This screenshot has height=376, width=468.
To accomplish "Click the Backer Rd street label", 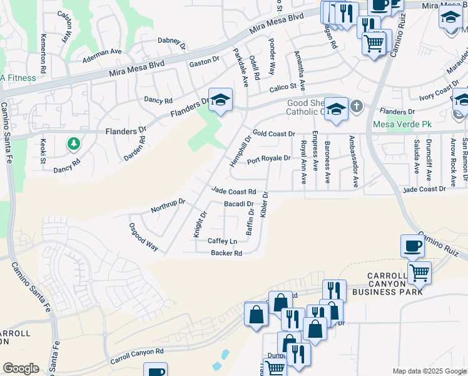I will (x=226, y=253).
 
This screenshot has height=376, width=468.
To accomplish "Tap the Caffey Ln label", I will (x=223, y=241).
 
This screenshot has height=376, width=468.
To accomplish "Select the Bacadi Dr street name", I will (x=238, y=204).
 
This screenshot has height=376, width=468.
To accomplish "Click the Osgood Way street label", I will (x=143, y=237).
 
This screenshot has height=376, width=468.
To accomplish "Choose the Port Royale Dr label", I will (x=268, y=159).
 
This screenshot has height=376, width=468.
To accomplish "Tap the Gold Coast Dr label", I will (x=273, y=134).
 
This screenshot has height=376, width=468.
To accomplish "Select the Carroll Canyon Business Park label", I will (x=388, y=284).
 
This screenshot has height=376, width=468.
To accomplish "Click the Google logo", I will (x=21, y=368).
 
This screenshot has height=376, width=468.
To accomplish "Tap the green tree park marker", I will (x=74, y=145).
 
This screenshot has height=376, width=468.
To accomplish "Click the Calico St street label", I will (x=282, y=86).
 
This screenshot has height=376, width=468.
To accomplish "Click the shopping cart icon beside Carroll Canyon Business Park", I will (x=419, y=273).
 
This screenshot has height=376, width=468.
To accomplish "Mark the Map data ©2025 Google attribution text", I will (x=429, y=371).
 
